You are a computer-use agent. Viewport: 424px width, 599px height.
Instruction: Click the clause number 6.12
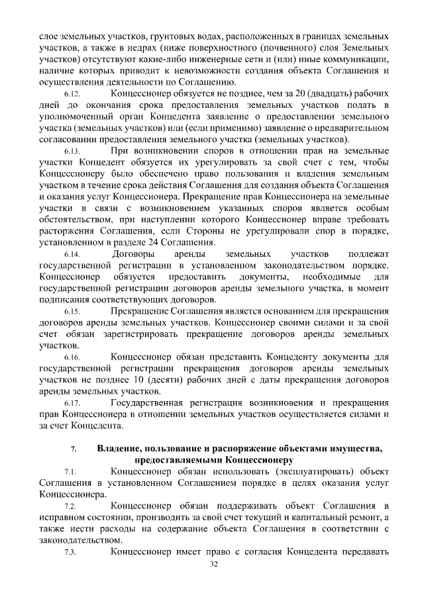click(x=72, y=94)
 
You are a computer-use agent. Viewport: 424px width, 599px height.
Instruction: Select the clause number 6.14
click(x=72, y=255)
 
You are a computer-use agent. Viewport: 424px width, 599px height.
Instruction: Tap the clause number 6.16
click(x=72, y=358)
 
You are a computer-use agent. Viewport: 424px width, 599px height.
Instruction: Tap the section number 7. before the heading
click(x=74, y=449)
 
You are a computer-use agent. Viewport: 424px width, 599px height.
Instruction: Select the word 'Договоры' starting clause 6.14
click(x=133, y=255)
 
